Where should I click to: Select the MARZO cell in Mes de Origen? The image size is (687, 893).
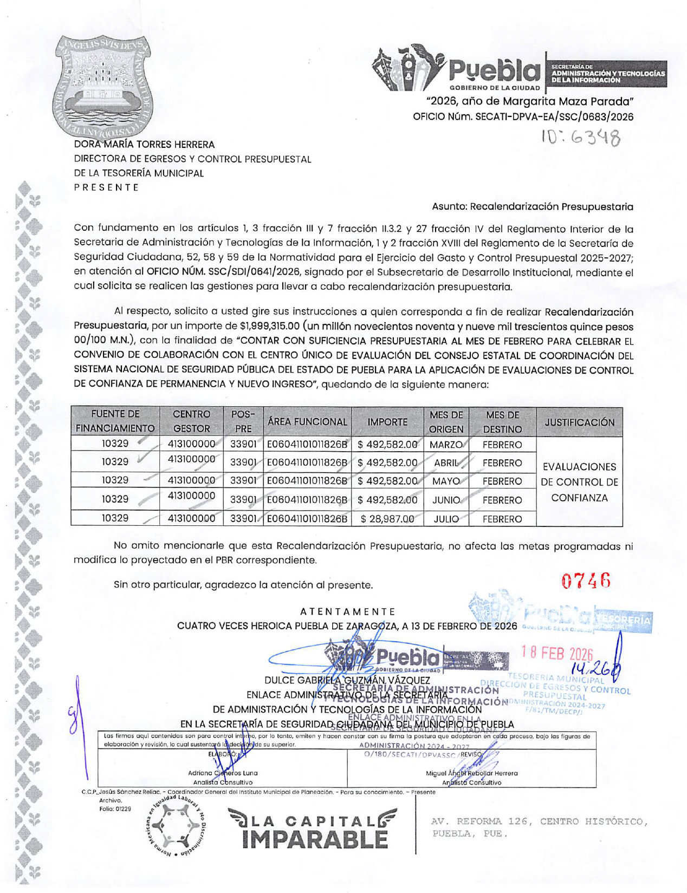coord(446,445)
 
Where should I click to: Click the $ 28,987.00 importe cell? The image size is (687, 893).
coord(387,519)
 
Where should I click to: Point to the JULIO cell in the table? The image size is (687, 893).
coord(446,519)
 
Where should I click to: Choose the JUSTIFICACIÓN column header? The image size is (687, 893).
coord(579,422)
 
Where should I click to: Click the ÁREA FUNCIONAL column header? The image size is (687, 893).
coord(307,421)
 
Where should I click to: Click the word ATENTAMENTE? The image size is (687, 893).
coord(348,611)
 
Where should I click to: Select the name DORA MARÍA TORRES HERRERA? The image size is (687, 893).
coord(144,145)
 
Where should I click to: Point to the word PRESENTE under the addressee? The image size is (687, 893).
coord(106,187)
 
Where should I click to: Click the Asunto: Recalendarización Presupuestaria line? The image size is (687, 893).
coord(532,206)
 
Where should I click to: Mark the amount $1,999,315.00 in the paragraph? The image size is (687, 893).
coord(269,326)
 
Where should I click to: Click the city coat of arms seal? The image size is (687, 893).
coord(103,89)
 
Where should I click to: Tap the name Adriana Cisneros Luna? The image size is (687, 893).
coord(223,773)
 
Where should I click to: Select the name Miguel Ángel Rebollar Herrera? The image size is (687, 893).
coord(471,773)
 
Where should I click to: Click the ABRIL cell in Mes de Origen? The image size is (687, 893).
coord(446,463)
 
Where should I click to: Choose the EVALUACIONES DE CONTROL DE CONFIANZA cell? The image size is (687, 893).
coord(579,482)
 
